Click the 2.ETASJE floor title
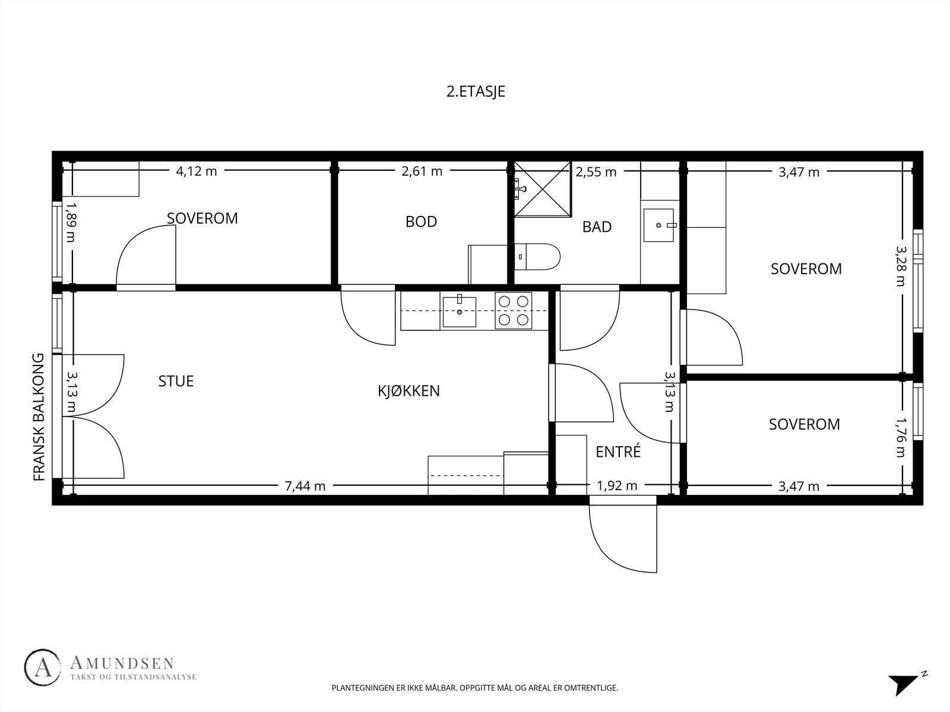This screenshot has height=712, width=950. [476, 91]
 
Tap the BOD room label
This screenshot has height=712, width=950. [421, 222]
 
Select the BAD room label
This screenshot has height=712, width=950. [597, 227]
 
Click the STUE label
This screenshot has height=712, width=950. [176, 381]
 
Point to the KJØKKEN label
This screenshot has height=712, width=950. [408, 390]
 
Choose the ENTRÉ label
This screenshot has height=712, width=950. [617, 451]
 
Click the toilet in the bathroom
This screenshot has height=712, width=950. [537, 257]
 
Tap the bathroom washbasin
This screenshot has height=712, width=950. [658, 225]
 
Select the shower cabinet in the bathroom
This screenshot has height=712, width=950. [543, 189]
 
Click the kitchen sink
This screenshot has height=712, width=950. [459, 311]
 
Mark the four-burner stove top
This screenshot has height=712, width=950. [514, 310]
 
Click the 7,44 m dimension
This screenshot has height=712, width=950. [305, 486]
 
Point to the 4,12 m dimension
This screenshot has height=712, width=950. [196, 171]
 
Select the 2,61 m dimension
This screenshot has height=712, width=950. [422, 171]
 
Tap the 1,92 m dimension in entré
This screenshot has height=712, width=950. [617, 486]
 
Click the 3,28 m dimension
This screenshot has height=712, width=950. [901, 266]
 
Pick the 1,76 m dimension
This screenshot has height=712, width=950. [901, 437]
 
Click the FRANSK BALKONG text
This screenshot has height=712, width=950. [39, 417]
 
